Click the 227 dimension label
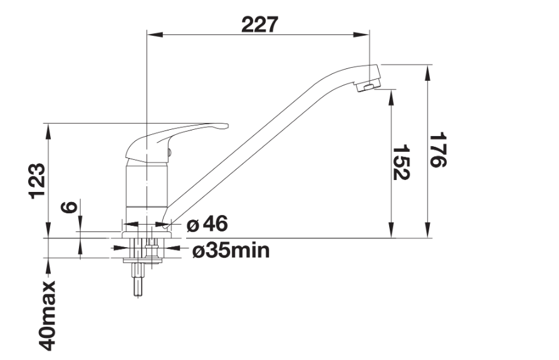[x=259, y=24]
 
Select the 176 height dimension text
[x=437, y=150]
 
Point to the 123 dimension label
[x=38, y=181]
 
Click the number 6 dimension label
[x=69, y=207]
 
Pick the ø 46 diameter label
[x=207, y=225]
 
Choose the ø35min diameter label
[x=231, y=250]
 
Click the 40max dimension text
[x=47, y=315]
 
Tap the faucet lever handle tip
[x=226, y=125]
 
